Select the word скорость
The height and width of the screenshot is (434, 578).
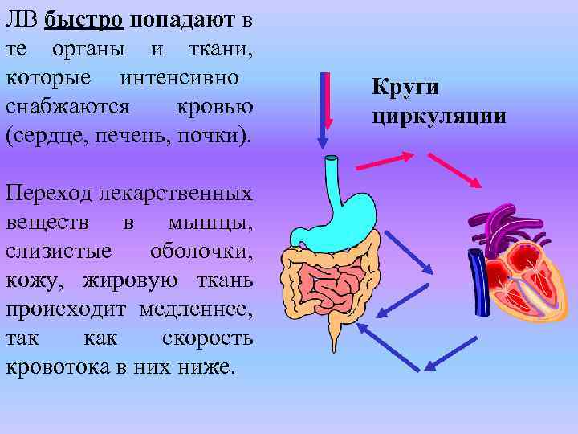point(208,338)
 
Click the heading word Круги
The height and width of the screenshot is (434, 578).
point(405,88)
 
